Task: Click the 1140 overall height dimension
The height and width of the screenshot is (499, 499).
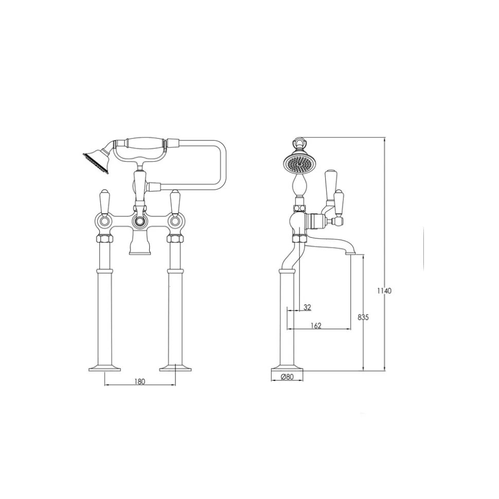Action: [x=384, y=290]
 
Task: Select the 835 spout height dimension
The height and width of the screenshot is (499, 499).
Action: [x=363, y=317]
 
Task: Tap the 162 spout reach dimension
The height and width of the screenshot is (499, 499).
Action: [x=315, y=326]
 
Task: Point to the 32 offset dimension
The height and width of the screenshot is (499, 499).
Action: [x=307, y=307]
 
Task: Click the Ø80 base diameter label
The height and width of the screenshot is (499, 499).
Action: [x=287, y=377]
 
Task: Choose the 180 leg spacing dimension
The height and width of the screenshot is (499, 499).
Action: [x=139, y=381]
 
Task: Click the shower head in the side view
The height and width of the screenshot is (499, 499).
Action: [x=296, y=162]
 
